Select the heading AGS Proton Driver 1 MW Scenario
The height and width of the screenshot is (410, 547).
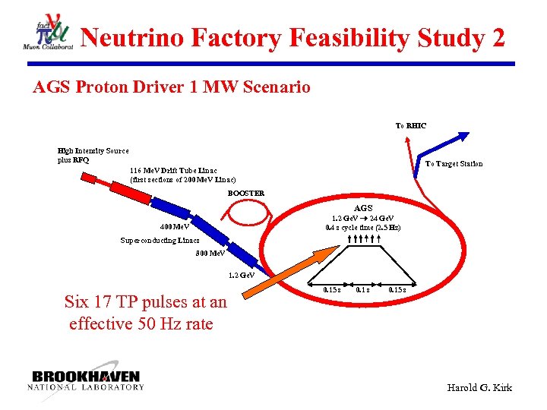pos(172,87)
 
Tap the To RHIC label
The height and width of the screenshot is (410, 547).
pos(410,125)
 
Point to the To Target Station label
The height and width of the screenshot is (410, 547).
pos(454,164)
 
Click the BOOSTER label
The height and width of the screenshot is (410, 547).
pos(246,193)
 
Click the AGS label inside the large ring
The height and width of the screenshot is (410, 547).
pos(363,208)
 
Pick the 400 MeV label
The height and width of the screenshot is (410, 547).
pos(175,226)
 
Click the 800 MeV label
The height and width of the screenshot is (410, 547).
pos(210,253)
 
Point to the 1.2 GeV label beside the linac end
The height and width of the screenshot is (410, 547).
pos(242,275)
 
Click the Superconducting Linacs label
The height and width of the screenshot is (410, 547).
pos(160,241)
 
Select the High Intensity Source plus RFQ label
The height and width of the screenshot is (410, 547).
pos(93,156)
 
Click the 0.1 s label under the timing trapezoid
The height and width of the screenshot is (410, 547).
pos(363,289)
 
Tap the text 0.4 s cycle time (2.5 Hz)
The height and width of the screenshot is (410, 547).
pos(363,227)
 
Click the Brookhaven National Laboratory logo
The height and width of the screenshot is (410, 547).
pos(86,380)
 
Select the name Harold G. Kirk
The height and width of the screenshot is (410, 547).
pos(480,388)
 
